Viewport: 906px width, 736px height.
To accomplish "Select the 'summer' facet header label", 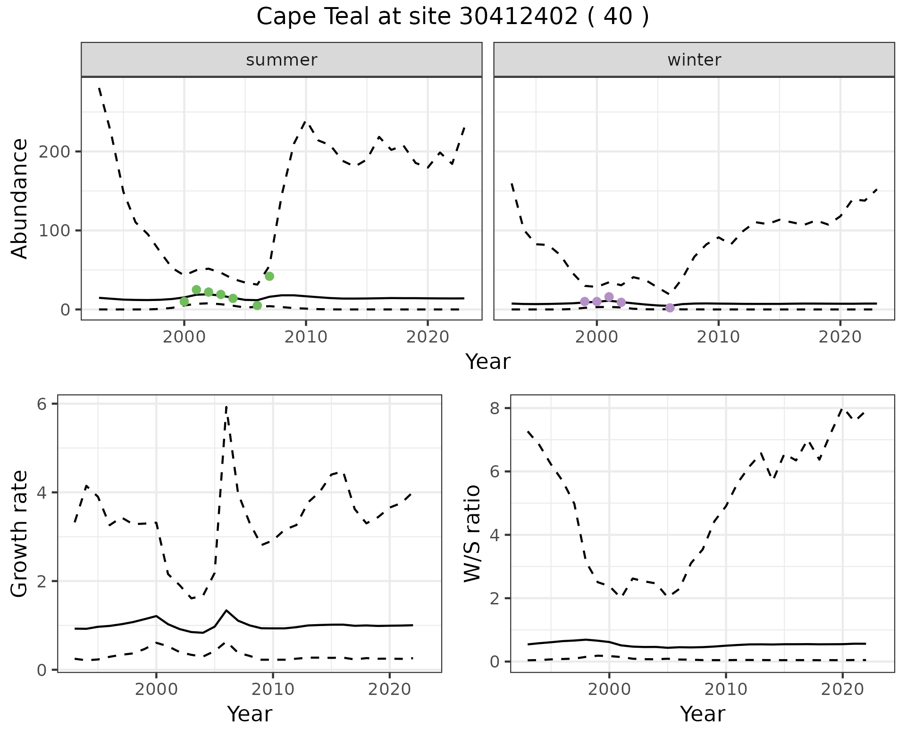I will pos(282,60).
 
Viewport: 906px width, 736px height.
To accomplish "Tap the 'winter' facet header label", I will pos(694,60).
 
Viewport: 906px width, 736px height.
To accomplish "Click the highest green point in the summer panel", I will pos(269,276).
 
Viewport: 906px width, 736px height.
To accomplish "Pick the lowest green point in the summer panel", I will pos(257,305).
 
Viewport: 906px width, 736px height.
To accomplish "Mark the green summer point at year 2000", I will pos(184,301).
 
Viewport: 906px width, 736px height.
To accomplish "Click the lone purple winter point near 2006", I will pos(670,308).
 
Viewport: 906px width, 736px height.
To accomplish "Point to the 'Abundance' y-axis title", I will pos(20,199).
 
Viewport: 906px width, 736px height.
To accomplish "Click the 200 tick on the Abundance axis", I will pos(58,152).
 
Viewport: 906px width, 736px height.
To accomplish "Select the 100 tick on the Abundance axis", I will pos(58,231).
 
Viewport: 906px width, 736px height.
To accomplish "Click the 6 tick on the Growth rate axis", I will pos(41,404).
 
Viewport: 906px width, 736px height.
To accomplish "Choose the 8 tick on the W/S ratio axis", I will pos(494,408).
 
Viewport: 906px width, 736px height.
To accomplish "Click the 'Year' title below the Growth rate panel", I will pos(250,714).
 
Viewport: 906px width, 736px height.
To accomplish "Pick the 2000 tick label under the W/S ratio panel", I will pos(609,689).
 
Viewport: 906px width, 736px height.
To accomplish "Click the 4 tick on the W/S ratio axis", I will pos(494,535).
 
